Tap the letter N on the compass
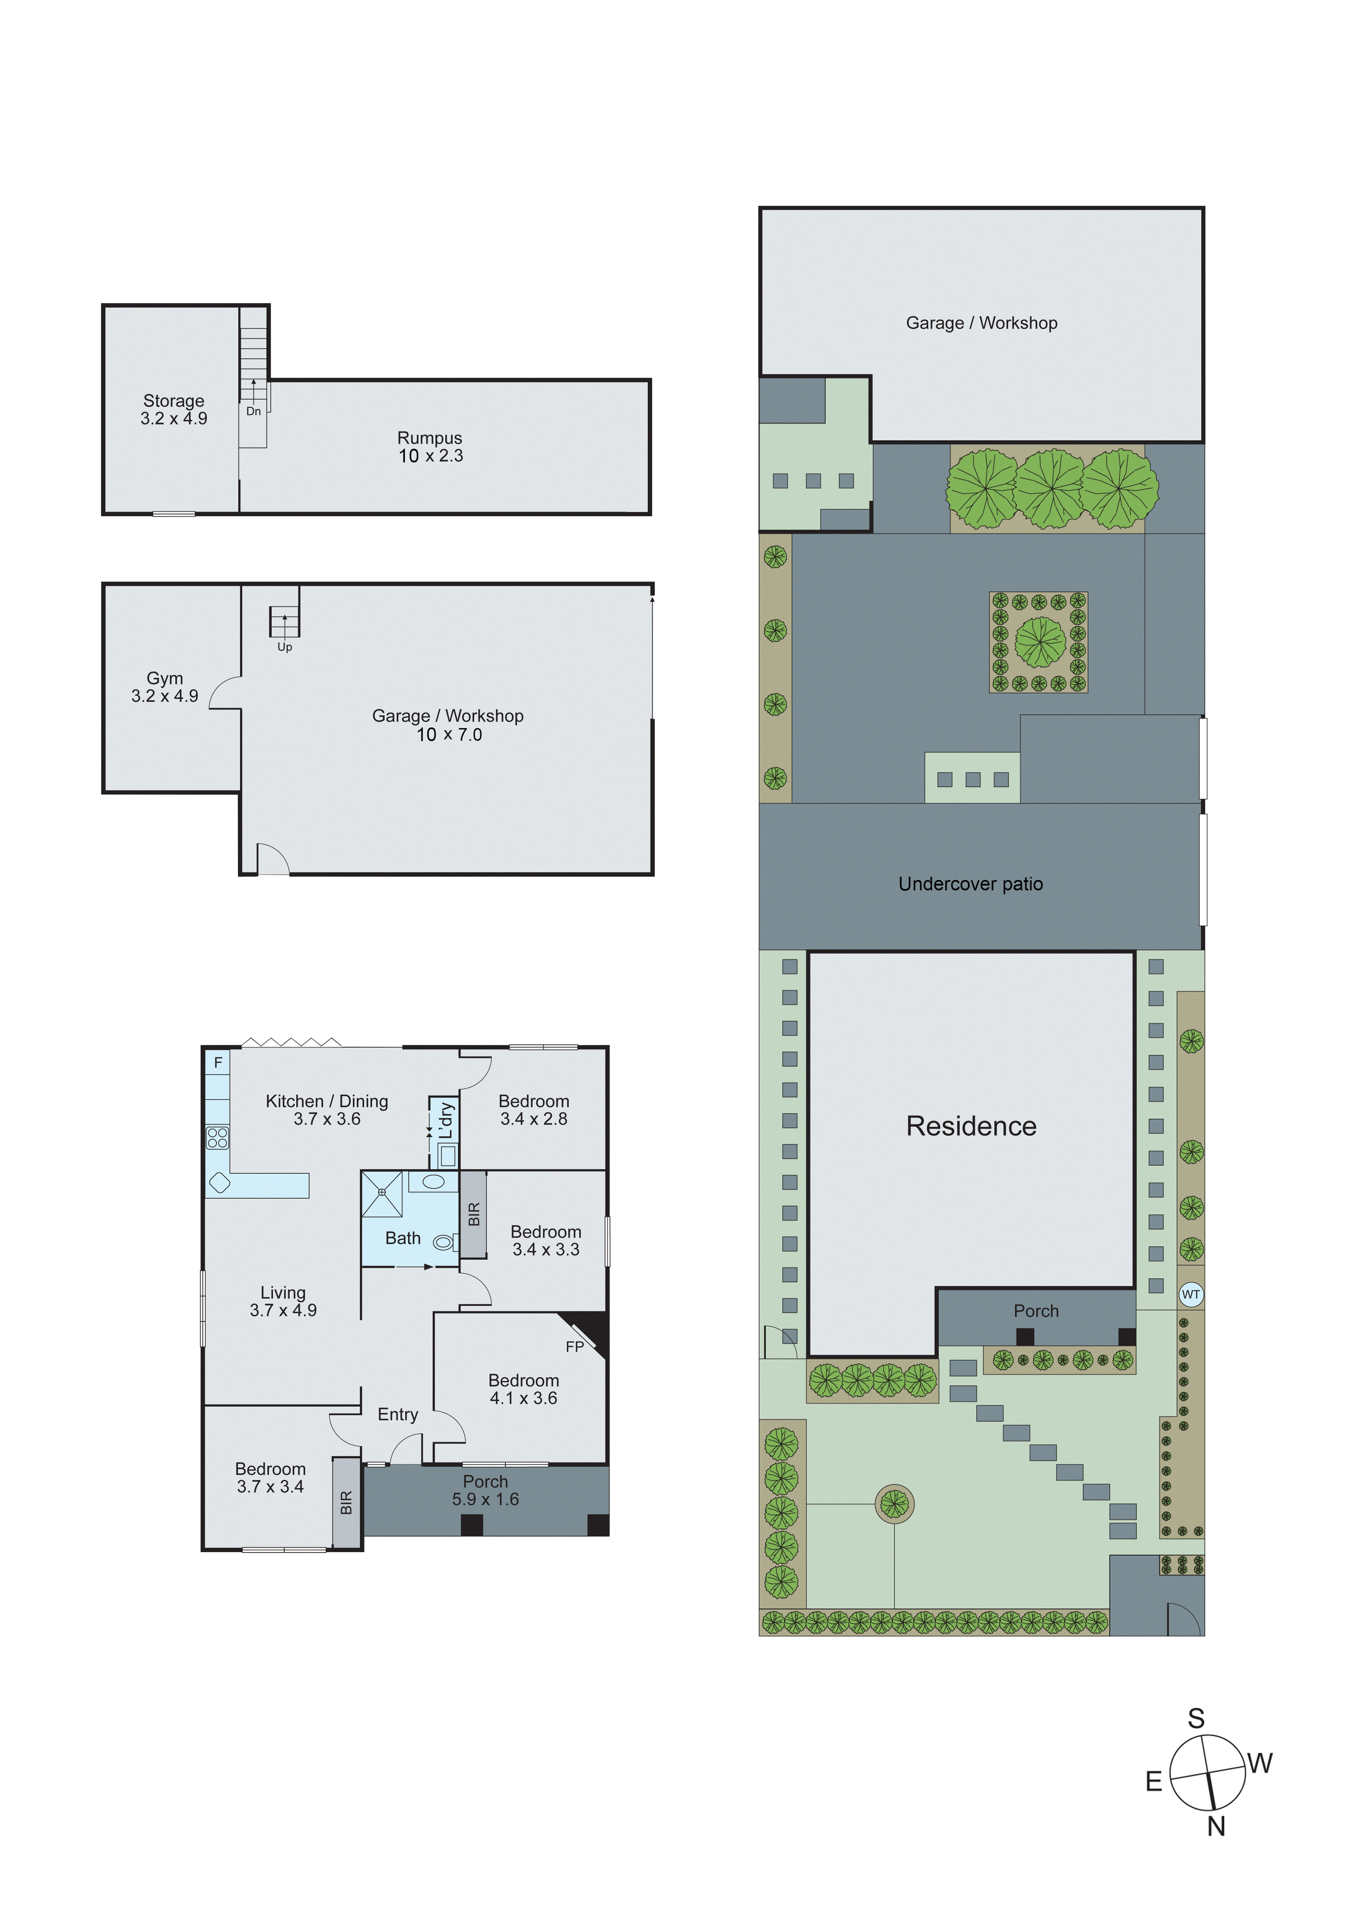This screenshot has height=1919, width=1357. (x=1216, y=1827)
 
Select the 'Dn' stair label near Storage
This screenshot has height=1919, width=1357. (x=253, y=411)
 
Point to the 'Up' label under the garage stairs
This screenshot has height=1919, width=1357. (x=284, y=647)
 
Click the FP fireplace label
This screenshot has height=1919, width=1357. (x=574, y=1346)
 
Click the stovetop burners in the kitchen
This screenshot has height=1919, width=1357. (x=218, y=1137)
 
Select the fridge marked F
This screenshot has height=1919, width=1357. (x=218, y=1062)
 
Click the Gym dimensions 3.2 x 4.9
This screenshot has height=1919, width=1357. (x=165, y=696)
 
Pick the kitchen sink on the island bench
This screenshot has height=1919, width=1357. (x=220, y=1183)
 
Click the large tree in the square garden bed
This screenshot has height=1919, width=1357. (x=1040, y=642)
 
